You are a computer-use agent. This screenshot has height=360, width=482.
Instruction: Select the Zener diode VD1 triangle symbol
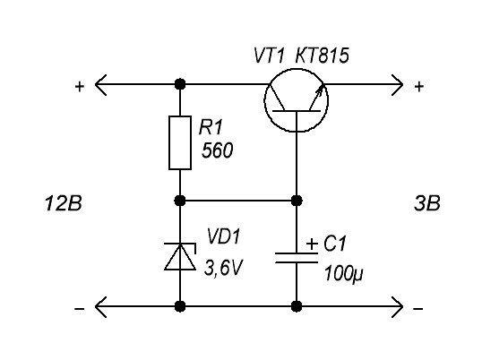[x=180, y=257]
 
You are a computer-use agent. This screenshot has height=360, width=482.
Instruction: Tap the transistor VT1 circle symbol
[x=264, y=100]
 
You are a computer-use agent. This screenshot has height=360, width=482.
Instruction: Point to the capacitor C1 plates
[x=297, y=258]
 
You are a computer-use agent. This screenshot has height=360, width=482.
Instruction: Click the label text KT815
[x=323, y=56]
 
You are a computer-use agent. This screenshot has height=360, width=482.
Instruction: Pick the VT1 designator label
[x=269, y=56]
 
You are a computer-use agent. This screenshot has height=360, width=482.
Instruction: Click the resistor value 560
[x=218, y=150]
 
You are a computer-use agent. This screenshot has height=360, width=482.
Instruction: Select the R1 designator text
[x=211, y=127]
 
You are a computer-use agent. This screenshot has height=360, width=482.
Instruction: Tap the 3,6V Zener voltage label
[x=223, y=268]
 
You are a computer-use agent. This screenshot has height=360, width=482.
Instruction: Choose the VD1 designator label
[x=223, y=236]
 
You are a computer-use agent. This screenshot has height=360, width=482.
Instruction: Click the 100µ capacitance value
[x=344, y=273]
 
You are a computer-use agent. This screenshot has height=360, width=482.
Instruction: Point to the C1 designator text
[x=335, y=244]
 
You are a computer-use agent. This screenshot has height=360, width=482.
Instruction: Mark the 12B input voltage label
[x=64, y=203]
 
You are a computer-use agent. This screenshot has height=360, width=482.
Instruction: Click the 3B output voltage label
[x=427, y=203]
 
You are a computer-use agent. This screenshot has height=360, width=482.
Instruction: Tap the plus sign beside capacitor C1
[x=312, y=244]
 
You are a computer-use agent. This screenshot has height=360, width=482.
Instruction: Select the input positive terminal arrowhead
[x=100, y=84]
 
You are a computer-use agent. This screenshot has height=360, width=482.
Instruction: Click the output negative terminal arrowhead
[x=397, y=306]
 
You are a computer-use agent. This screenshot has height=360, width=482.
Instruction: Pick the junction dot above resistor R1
[x=180, y=84]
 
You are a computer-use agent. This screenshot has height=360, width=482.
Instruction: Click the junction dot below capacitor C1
[x=297, y=306]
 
